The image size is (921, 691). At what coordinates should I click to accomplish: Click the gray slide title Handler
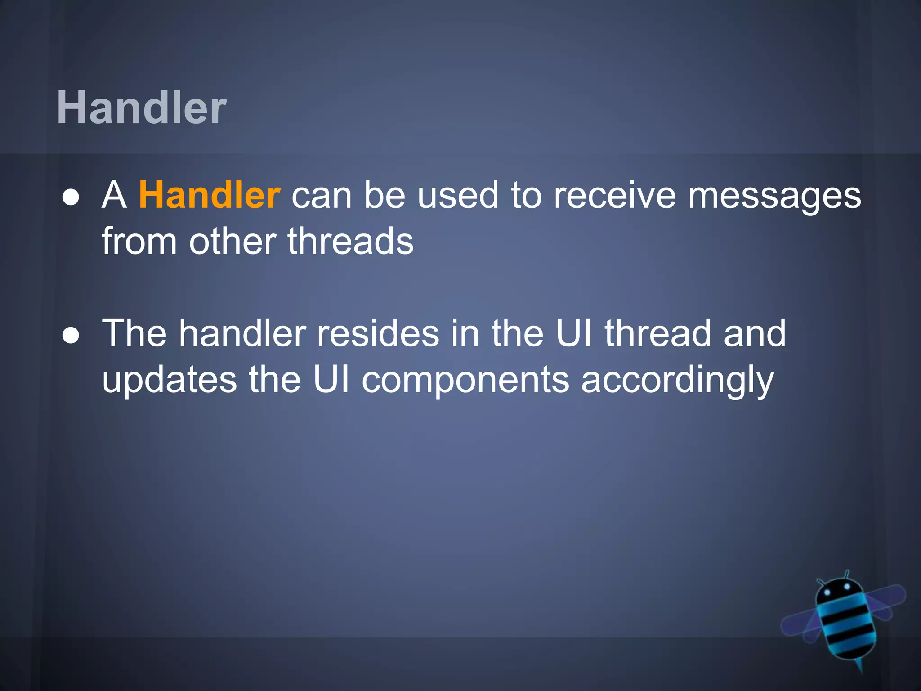[x=142, y=108]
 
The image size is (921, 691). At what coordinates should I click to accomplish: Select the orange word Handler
[x=210, y=195]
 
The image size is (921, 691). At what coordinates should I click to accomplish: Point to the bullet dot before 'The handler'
[x=71, y=336]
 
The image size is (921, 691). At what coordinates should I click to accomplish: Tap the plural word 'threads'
[x=350, y=241]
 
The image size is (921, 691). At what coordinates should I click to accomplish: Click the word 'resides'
[x=378, y=334]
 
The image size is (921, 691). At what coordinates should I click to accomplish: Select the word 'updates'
[x=170, y=381]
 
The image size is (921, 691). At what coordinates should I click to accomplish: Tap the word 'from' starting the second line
[x=139, y=241]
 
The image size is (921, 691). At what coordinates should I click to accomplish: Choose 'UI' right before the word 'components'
[x=331, y=380]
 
